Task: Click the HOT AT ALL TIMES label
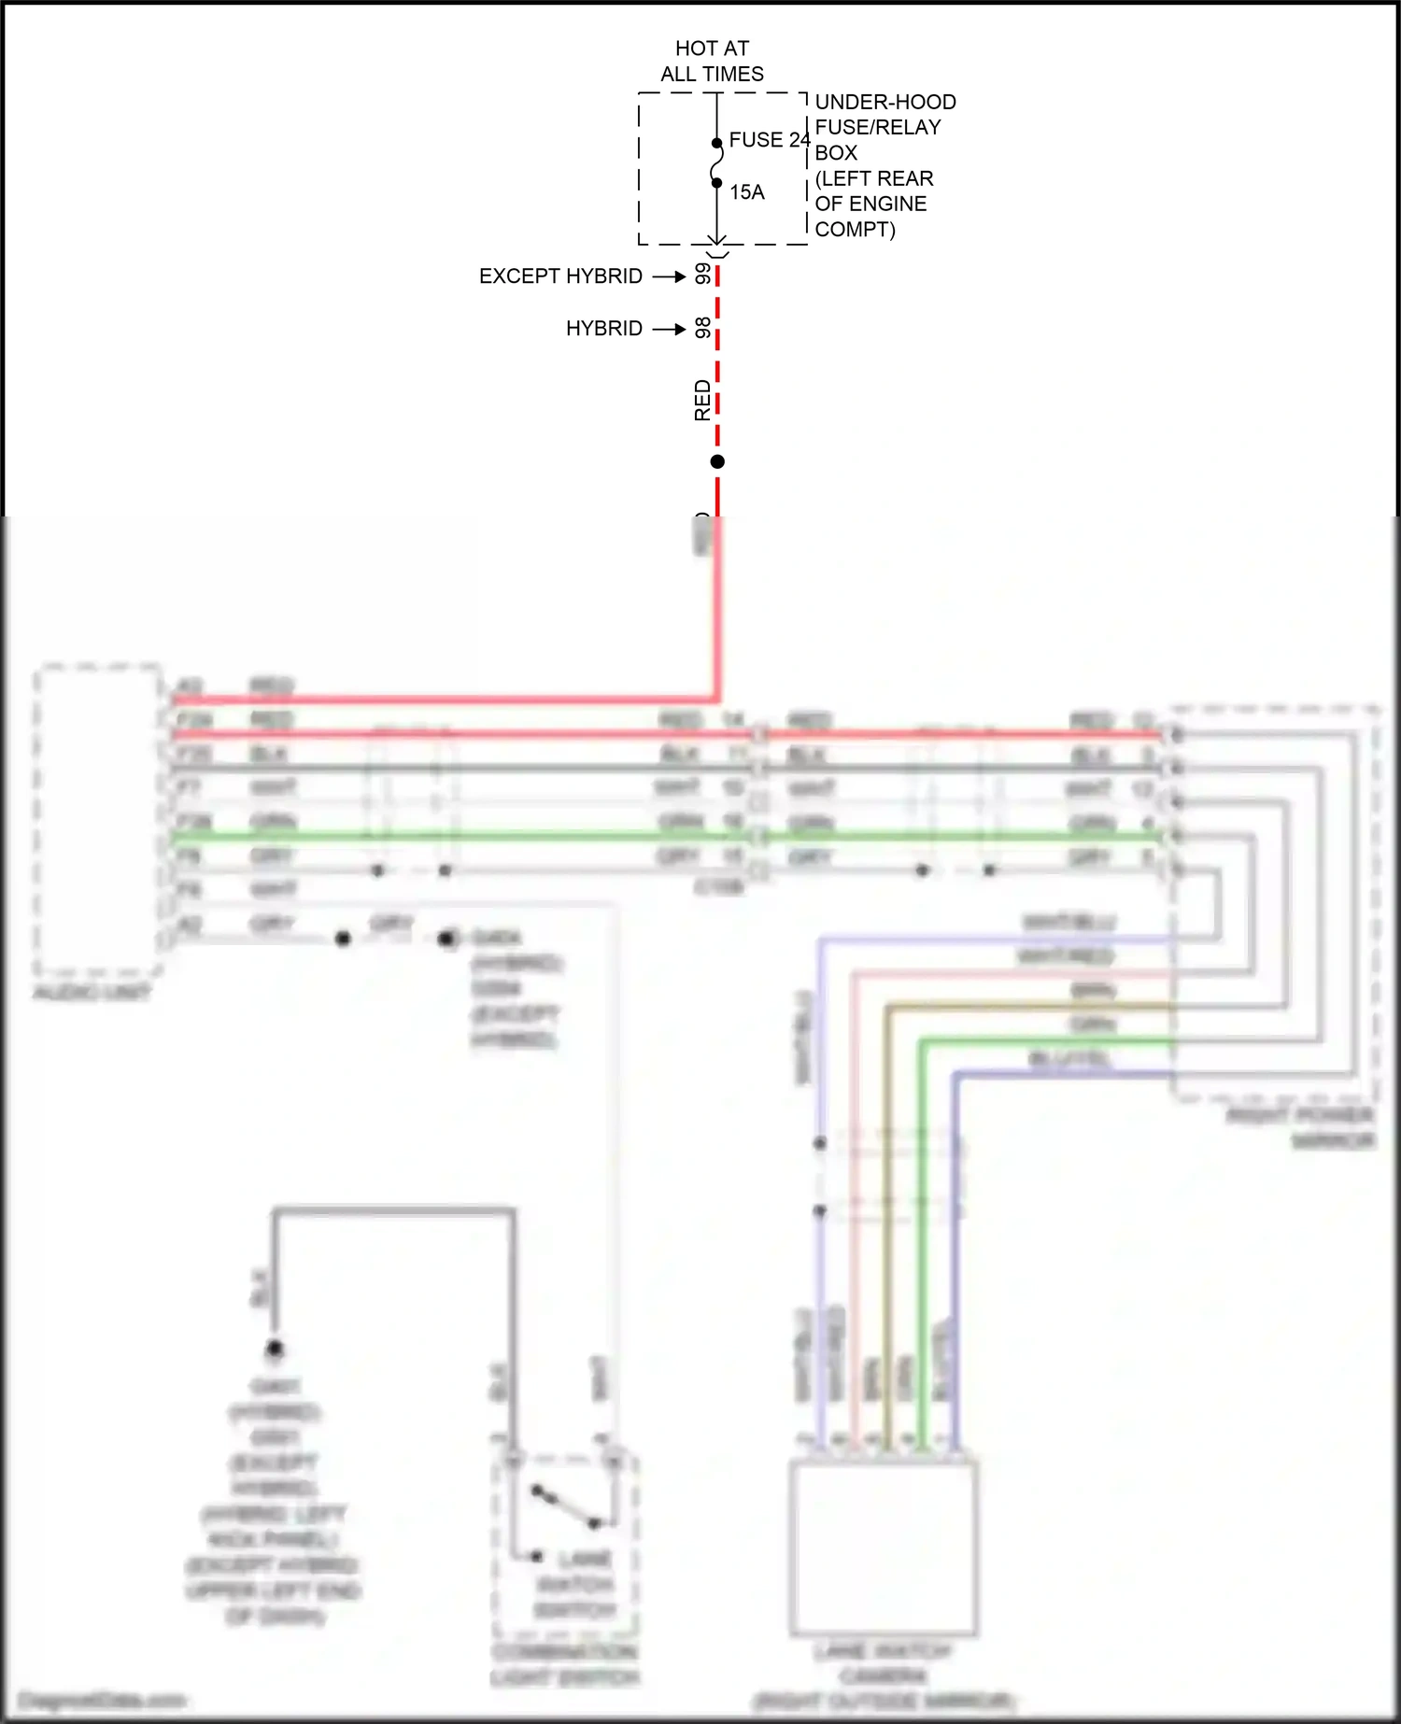point(712,61)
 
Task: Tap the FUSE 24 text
point(769,140)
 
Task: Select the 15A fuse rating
point(747,192)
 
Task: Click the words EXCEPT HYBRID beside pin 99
point(560,276)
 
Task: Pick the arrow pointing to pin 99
point(669,276)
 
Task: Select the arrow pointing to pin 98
point(669,329)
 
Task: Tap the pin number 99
point(703,274)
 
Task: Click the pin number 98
point(703,328)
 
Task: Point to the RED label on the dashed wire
point(702,400)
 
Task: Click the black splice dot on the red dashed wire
point(717,461)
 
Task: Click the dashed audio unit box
point(97,819)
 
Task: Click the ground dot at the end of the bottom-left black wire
point(275,1349)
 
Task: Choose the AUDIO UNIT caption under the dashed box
point(92,993)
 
